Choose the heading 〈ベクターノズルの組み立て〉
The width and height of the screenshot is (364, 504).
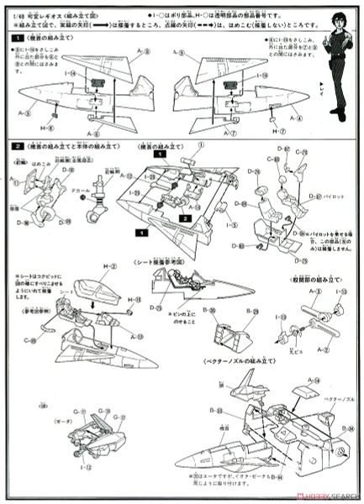coord(238,360)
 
